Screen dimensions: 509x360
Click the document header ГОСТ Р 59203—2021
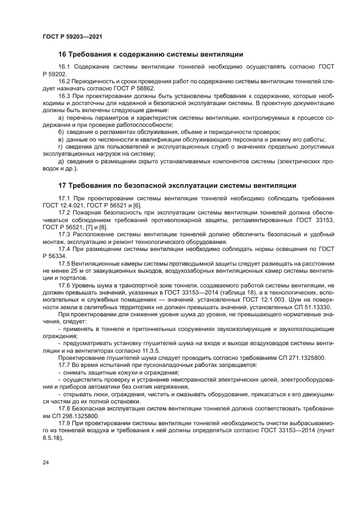[72, 36]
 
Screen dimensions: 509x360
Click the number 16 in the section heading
[63, 54]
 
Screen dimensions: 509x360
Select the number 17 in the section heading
[63, 185]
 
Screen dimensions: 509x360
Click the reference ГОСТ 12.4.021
[63, 205]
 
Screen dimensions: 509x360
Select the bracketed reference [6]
[137, 205]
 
